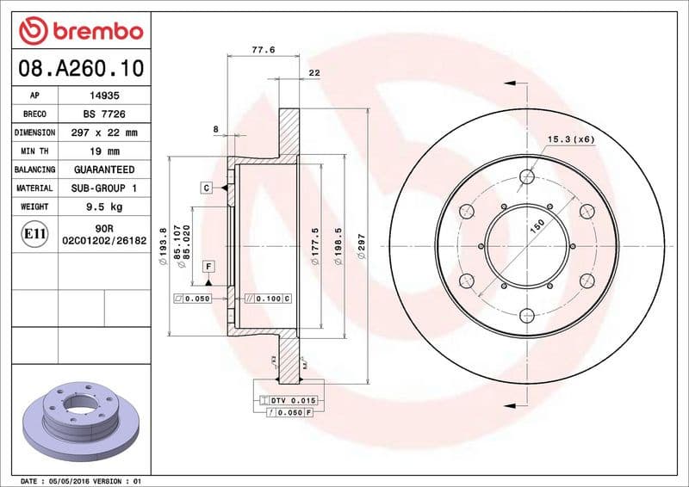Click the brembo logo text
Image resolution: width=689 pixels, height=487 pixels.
pyautogui.click(x=92, y=31)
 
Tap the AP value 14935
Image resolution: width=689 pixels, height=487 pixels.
pyautogui.click(x=103, y=96)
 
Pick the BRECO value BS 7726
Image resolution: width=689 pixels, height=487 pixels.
pyautogui.click(x=103, y=114)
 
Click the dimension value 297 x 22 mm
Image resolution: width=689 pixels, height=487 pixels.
pyautogui.click(x=103, y=133)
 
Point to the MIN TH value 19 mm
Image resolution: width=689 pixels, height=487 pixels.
pyautogui.click(x=103, y=151)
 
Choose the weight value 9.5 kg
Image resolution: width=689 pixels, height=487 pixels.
pyautogui.click(x=103, y=207)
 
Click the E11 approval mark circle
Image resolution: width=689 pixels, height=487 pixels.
pyautogui.click(x=34, y=233)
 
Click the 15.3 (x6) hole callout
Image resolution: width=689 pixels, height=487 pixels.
pyautogui.click(x=571, y=139)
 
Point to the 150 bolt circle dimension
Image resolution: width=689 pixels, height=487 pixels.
pyautogui.click(x=536, y=224)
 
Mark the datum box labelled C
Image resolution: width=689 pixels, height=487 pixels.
pyautogui.click(x=208, y=187)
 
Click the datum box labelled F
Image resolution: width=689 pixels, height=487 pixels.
pyautogui.click(x=208, y=266)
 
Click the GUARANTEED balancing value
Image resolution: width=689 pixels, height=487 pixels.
pyautogui.click(x=103, y=170)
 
